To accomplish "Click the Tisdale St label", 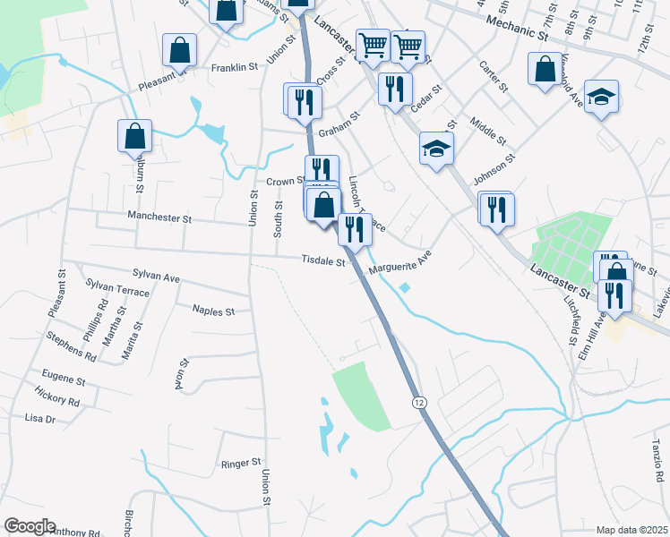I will point(323,261).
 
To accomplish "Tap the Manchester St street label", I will point(159,217).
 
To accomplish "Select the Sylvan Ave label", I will point(156,277).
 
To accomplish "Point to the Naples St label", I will point(213,311).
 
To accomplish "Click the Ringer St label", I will point(240,465).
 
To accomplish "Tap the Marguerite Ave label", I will point(400,261).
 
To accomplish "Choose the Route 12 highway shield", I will point(419,404).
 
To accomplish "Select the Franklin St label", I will point(235,67).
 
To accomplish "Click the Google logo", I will point(29,526).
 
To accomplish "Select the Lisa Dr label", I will point(40,418).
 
